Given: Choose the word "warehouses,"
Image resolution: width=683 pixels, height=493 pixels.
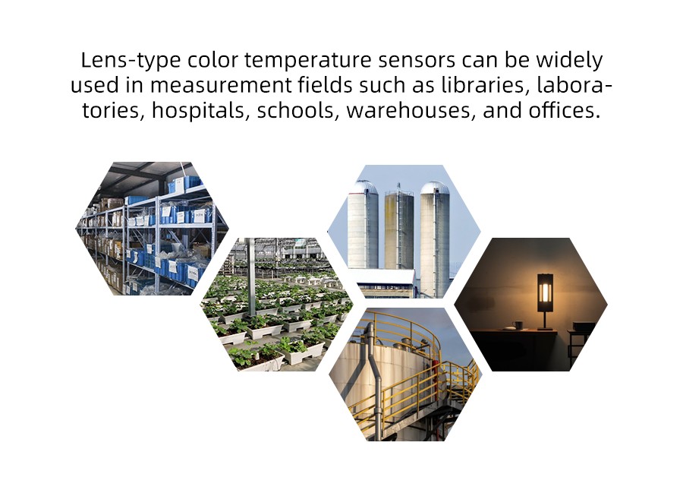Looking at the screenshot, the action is (411, 111).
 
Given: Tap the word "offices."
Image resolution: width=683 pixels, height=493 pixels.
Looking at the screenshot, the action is (564, 110).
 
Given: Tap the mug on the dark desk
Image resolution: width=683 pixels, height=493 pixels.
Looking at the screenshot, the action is (518, 325).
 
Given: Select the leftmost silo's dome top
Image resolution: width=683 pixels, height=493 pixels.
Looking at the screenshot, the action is (363, 187).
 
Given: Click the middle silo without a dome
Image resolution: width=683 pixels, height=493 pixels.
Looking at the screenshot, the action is (398, 230).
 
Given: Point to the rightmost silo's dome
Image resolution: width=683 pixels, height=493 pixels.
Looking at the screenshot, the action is (434, 188).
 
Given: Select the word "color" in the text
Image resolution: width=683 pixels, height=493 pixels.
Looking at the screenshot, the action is (212, 60).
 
